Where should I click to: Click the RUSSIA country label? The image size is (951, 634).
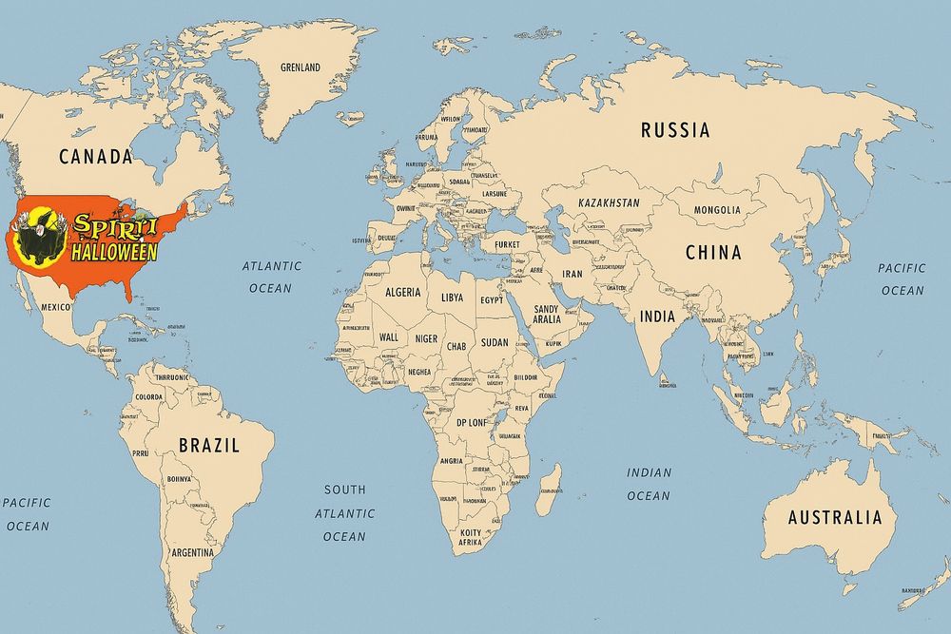[x=675, y=130]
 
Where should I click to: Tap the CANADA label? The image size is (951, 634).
[x=95, y=157]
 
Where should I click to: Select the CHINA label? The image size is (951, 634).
[x=713, y=253]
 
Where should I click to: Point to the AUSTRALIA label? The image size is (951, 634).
[x=835, y=518]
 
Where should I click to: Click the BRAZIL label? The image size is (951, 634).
[x=209, y=445]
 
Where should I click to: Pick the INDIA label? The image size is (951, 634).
[x=657, y=317]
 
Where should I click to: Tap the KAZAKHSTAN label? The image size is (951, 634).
[x=608, y=203]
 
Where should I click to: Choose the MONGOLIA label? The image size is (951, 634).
[x=717, y=210]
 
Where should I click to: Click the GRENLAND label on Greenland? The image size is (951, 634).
[x=301, y=67]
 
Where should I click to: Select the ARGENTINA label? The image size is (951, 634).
[x=193, y=552]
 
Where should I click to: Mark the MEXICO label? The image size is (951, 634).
[x=56, y=308]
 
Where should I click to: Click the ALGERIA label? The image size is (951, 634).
[x=402, y=293]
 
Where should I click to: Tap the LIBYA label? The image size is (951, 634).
[x=453, y=298]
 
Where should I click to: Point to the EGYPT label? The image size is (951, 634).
[x=492, y=300]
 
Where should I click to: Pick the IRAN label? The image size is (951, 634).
[x=573, y=274]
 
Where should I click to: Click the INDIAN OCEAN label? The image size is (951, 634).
[x=649, y=484]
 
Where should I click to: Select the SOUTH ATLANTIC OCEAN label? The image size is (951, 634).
[x=344, y=513]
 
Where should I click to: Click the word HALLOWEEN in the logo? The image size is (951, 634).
[x=114, y=252]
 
